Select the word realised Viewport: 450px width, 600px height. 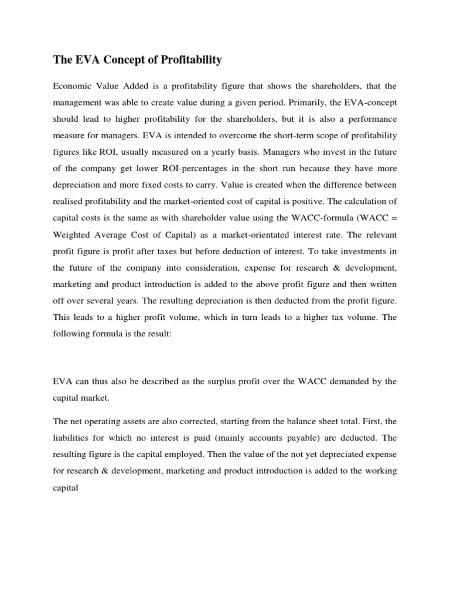68,202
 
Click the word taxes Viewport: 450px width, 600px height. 154,252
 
